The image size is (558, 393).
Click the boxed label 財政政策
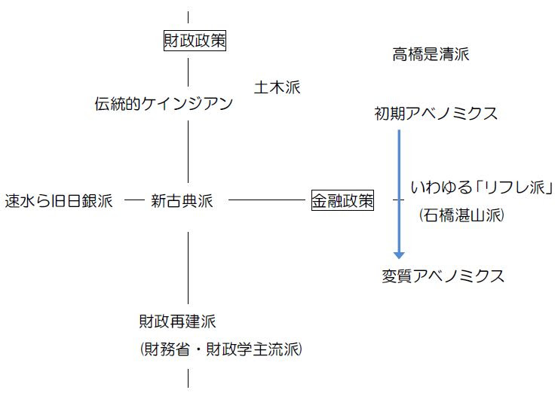coord(195,41)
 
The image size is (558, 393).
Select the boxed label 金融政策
coord(342,200)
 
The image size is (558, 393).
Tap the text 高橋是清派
coord(431,54)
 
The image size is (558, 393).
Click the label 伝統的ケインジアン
coord(164,104)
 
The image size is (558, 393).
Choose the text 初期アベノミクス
coord(436,114)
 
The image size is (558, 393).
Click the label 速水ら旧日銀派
coord(59,201)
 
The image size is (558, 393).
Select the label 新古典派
coord(182,201)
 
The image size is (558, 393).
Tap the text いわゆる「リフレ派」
coord(483,187)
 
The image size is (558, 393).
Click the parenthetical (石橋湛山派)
coord(461,216)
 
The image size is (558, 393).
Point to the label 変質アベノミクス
coord(443,276)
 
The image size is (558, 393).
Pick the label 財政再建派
coord(177,321)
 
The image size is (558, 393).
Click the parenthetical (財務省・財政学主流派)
coord(220,349)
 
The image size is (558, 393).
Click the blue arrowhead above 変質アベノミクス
coord(399,254)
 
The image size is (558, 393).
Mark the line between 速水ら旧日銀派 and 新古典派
coord(133,200)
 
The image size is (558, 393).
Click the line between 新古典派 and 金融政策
coord(268,200)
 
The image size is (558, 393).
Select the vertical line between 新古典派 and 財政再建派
coord(188,267)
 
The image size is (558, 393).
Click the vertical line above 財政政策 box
coord(188,19)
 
